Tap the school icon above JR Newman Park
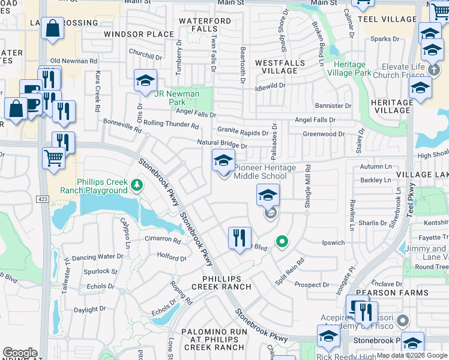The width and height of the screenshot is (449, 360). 145,81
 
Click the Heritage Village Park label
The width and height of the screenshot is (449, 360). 346,68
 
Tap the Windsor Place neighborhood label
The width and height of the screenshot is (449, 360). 139,34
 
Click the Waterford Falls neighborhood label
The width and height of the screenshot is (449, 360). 205,25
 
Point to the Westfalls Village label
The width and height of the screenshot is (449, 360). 276,67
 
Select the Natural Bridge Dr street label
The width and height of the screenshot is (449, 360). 222,144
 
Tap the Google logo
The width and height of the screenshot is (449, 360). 20,353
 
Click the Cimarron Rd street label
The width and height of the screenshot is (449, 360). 163,239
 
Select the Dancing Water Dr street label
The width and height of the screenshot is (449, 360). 97,257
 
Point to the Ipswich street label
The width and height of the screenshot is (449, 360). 333,243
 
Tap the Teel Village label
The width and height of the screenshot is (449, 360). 394,19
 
